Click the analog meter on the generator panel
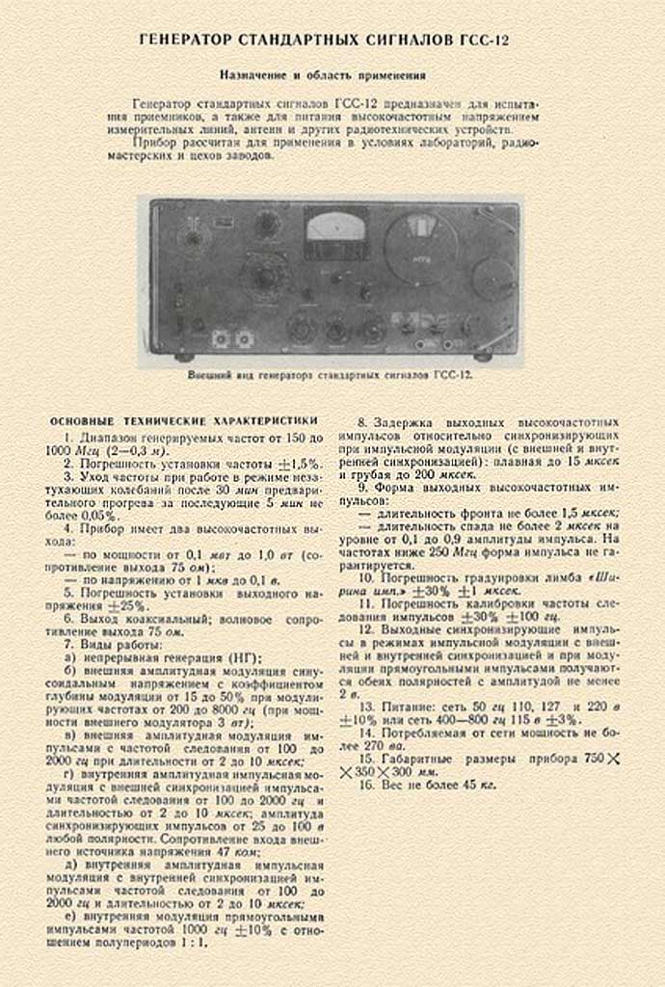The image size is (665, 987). coord(334,231)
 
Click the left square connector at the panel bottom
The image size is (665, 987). coord(221,338)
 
